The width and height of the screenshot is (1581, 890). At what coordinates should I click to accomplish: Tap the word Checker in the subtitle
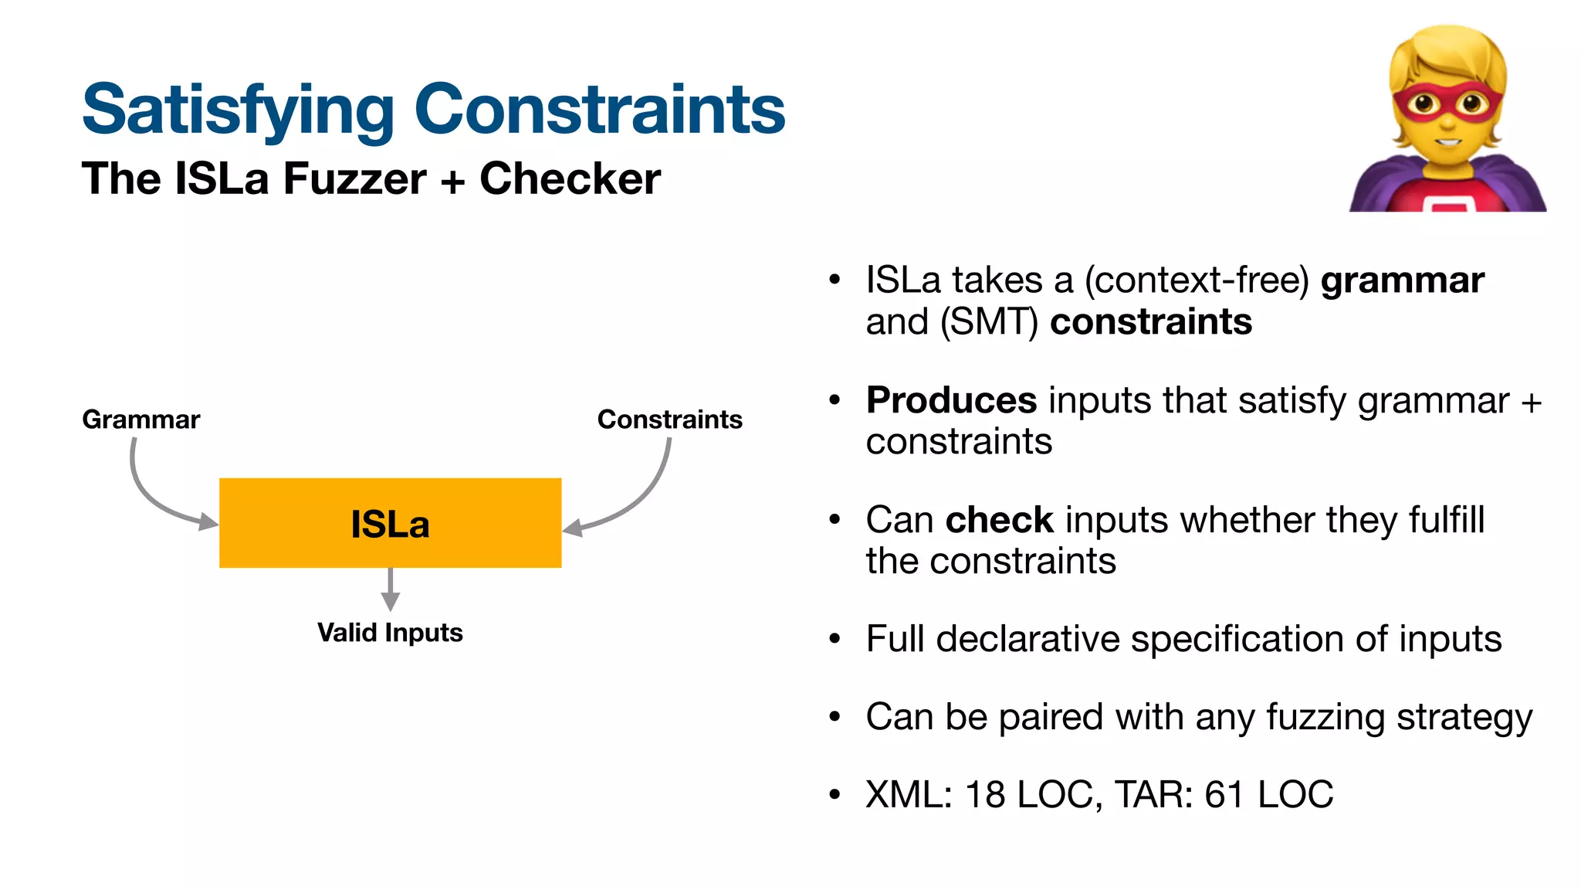(x=570, y=178)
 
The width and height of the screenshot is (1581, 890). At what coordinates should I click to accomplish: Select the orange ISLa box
(x=390, y=523)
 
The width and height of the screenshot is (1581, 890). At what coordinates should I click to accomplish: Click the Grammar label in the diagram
(x=140, y=420)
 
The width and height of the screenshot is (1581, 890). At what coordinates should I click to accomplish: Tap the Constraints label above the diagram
(x=669, y=420)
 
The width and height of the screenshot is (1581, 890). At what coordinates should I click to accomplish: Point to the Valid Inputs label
(x=390, y=633)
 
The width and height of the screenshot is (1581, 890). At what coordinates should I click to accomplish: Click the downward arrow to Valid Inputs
(x=391, y=590)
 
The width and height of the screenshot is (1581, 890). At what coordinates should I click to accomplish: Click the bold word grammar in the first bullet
(x=1402, y=280)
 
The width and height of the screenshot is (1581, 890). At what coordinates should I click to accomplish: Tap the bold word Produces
(x=951, y=400)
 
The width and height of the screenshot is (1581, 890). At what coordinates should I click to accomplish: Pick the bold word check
(x=999, y=520)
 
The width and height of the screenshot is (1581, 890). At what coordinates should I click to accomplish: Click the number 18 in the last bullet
(x=985, y=795)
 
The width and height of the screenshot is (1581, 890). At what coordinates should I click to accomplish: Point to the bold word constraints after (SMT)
(x=1150, y=321)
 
